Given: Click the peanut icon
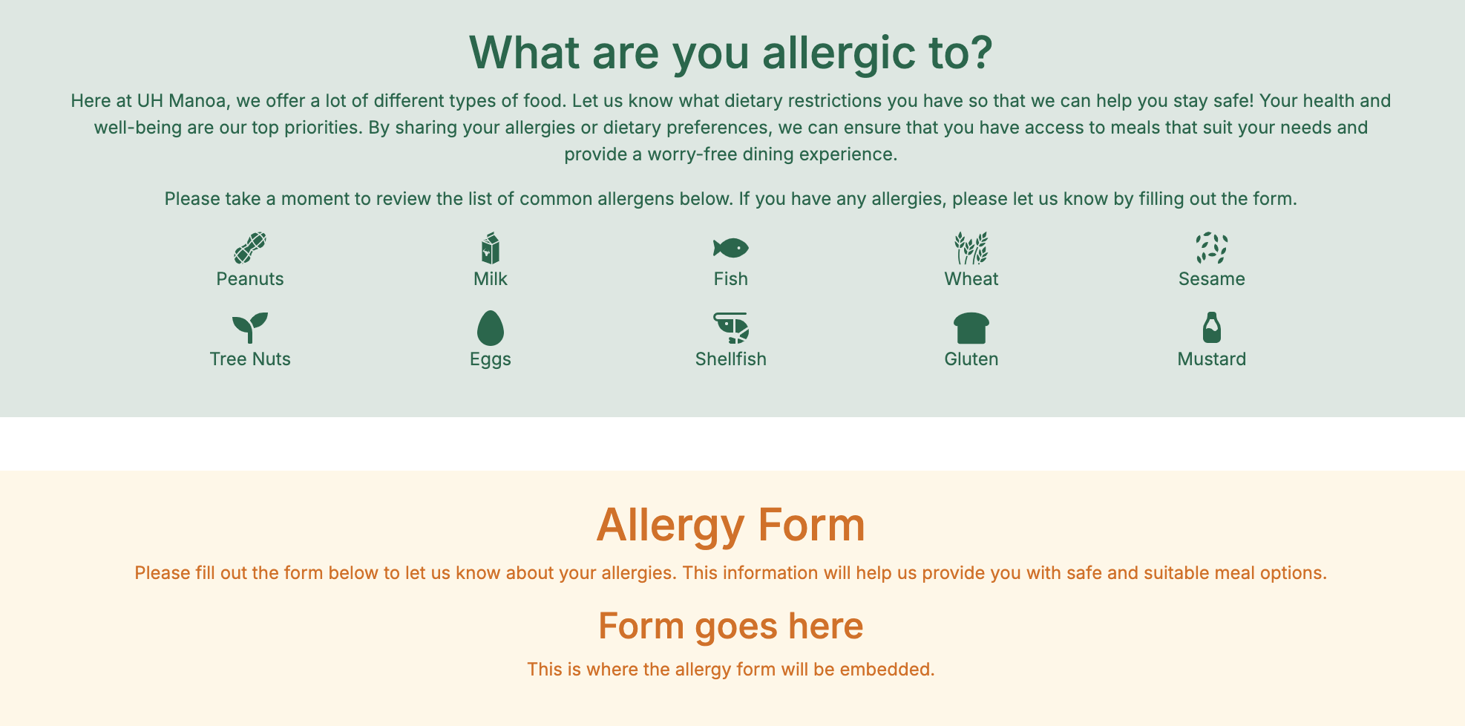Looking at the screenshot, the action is point(250,248).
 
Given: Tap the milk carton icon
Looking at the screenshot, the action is point(491,248).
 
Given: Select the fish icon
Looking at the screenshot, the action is point(731,248).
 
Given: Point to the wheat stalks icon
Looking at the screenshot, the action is point(971,248).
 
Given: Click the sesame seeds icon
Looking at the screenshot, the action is point(1212,248).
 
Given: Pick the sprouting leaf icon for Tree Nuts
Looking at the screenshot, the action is point(250,327).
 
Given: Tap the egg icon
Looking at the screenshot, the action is point(491,328).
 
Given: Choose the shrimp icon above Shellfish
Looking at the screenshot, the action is point(731,327).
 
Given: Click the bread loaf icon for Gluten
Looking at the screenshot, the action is point(971,328).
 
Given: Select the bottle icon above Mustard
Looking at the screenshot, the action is point(1212,327).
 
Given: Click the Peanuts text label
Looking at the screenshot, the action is point(250,279).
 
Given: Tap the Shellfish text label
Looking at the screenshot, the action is point(731,359).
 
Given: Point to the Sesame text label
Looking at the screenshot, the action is point(1212,279).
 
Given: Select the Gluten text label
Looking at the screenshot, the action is point(971,359).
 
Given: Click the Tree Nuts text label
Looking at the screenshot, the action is point(250,359).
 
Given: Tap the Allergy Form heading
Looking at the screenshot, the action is point(731,526).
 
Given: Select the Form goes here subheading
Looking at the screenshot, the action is point(731,627).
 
